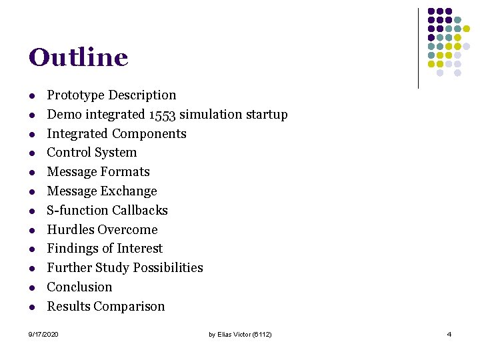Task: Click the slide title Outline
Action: [x=78, y=57]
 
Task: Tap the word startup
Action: [x=265, y=115]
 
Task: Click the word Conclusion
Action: [x=79, y=287]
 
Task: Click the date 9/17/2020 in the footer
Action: [x=43, y=334]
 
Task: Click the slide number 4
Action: [x=449, y=334]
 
